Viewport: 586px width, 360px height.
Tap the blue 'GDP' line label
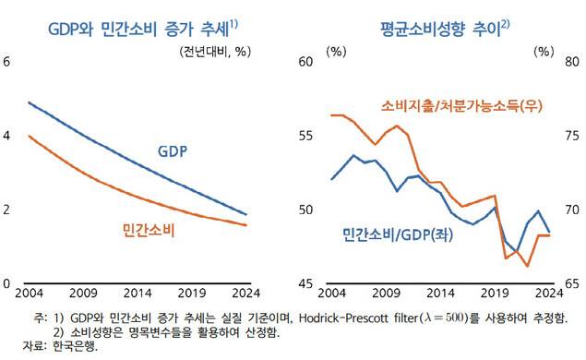175,151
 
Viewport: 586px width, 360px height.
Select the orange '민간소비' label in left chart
150,227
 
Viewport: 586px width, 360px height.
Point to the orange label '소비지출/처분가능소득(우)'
461,105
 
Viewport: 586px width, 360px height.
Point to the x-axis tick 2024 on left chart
245,294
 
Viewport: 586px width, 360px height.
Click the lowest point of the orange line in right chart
528,266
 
